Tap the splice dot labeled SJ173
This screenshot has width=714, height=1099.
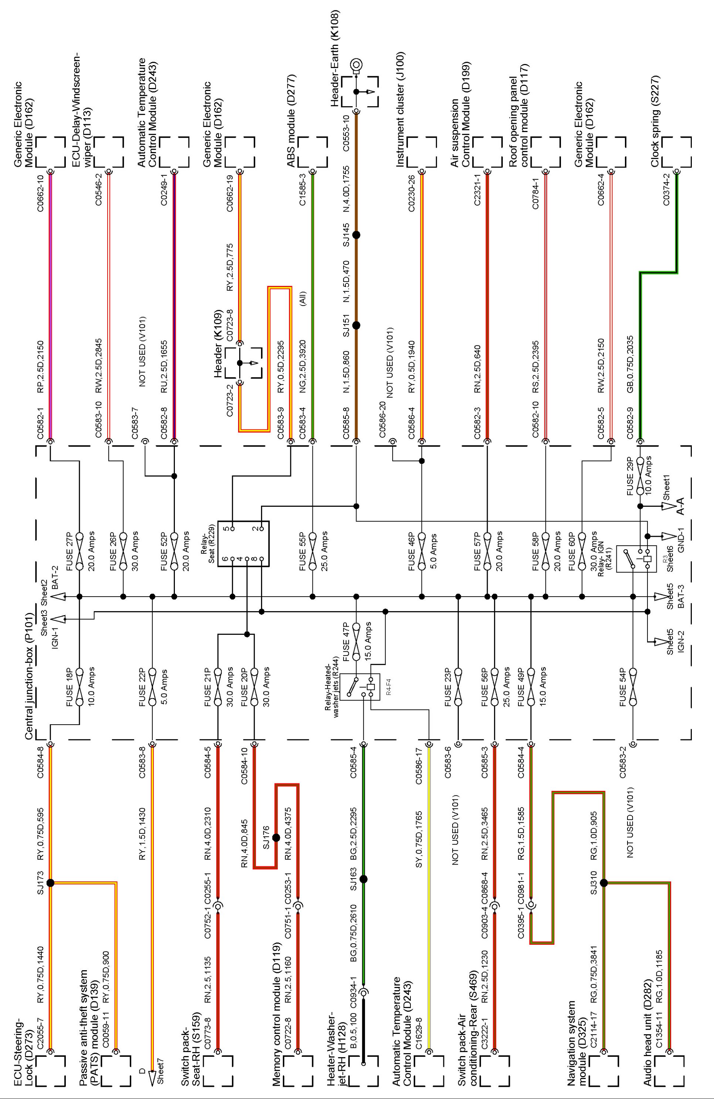(x=51, y=883)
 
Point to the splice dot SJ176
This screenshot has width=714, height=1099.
(x=276, y=837)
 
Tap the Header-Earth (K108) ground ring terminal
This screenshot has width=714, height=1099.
(x=356, y=65)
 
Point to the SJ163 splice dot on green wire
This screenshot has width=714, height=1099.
(x=363, y=879)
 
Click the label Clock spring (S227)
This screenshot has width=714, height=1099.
(x=655, y=121)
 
